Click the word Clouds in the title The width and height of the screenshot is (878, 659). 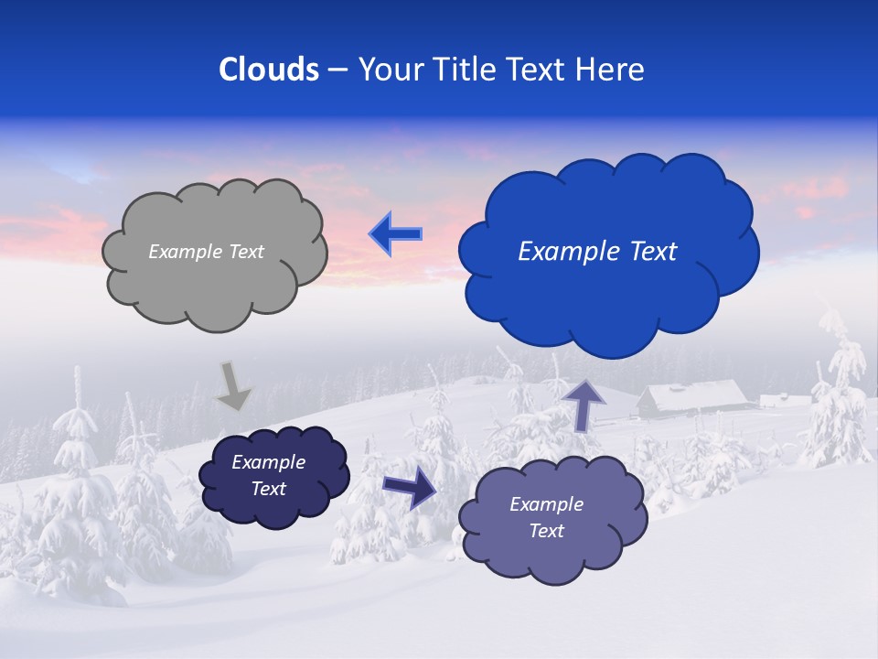(268, 70)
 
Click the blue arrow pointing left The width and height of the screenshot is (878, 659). (395, 234)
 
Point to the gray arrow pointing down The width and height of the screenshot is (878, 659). (232, 385)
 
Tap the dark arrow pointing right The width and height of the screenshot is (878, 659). (409, 487)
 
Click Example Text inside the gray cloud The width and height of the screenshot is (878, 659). (206, 252)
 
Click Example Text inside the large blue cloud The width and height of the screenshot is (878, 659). (597, 252)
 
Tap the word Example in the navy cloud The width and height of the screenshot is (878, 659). (268, 462)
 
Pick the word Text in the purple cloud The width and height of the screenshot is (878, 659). (546, 531)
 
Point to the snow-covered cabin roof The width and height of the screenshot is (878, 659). (692, 394)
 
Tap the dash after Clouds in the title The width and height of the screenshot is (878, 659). (337, 70)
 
